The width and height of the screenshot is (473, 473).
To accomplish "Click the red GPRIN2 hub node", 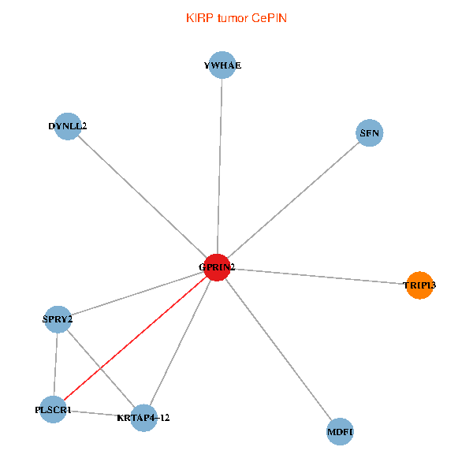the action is pyautogui.click(x=218, y=267).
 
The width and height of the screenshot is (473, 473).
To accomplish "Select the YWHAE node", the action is pyautogui.click(x=222, y=65).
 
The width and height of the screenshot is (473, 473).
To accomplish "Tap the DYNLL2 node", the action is pyautogui.click(x=68, y=126).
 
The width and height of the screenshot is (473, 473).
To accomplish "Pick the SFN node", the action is pyautogui.click(x=370, y=133).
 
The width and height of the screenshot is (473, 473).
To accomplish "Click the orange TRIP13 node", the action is pyautogui.click(x=419, y=285).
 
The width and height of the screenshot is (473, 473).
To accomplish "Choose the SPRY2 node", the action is pyautogui.click(x=58, y=319).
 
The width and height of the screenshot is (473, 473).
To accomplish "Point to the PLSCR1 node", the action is pyautogui.click(x=53, y=410).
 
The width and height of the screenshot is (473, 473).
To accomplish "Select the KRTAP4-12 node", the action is pyautogui.click(x=144, y=418).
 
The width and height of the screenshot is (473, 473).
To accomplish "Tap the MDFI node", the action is pyautogui.click(x=340, y=432).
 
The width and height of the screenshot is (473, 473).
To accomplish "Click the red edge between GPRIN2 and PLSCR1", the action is pyautogui.click(x=135, y=339).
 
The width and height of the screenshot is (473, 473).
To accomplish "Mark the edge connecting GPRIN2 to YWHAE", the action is pyautogui.click(x=220, y=166).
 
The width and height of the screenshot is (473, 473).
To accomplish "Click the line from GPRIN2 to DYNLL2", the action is pyautogui.click(x=143, y=196).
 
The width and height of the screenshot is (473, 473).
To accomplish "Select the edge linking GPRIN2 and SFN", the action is pyautogui.click(x=293, y=200).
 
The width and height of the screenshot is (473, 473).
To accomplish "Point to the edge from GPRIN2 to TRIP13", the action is pyautogui.click(x=318, y=277).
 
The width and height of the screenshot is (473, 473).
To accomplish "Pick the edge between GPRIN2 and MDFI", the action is pyautogui.click(x=278, y=349).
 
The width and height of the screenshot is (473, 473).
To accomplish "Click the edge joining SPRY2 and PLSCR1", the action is pyautogui.click(x=55, y=364).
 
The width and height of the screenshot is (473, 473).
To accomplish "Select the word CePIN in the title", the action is pyautogui.click(x=269, y=18).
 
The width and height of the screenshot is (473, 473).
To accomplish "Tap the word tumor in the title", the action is pyautogui.click(x=233, y=19).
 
